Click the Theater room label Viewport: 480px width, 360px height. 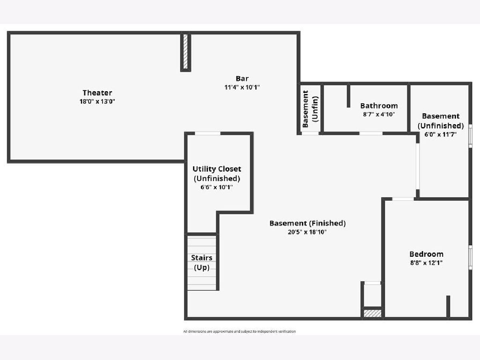click(x=97, y=93)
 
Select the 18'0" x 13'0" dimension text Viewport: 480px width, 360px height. click(x=97, y=102)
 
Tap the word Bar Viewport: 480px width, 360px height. click(x=242, y=78)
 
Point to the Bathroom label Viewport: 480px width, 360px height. click(x=379, y=106)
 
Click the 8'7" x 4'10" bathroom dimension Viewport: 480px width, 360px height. click(x=379, y=114)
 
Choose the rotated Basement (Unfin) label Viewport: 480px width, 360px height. click(x=310, y=109)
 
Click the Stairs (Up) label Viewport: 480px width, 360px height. click(x=202, y=262)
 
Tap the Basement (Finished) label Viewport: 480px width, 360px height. click(x=308, y=223)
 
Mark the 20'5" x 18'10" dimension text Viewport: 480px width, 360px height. click(x=307, y=232)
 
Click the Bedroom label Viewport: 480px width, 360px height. click(x=426, y=254)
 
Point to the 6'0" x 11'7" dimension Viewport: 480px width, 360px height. click(x=440, y=134)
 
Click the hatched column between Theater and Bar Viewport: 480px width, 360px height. click(x=186, y=52)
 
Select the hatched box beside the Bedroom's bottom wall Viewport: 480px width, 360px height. click(x=373, y=314)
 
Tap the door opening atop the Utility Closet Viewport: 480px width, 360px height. click(x=208, y=133)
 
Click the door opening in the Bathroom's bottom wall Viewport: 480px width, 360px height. click(x=371, y=133)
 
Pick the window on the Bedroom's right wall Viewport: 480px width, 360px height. click(x=470, y=257)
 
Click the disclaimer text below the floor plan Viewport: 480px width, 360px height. click(x=240, y=331)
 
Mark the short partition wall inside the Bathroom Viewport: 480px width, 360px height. click(x=348, y=96)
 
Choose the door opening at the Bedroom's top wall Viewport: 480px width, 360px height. click(x=403, y=199)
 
